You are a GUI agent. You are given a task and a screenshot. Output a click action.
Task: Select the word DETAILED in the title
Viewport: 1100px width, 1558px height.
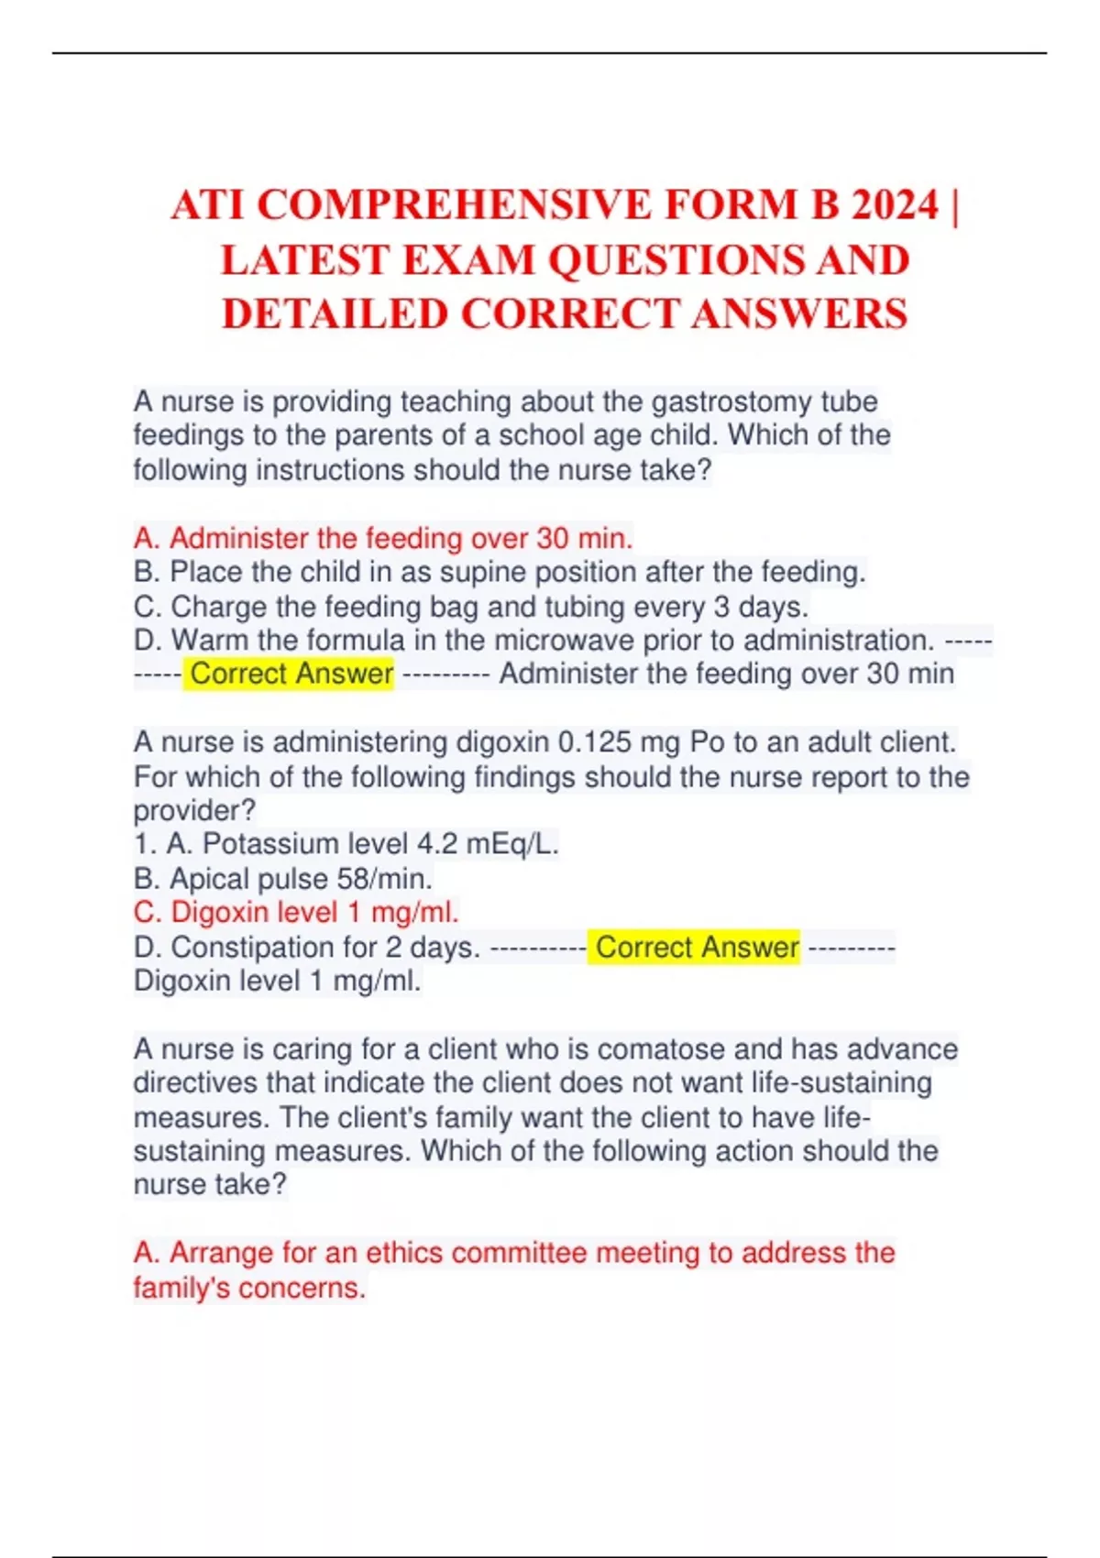coord(335,313)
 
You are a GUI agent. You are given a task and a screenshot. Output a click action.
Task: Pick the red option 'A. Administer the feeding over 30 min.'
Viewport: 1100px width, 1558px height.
coord(383,538)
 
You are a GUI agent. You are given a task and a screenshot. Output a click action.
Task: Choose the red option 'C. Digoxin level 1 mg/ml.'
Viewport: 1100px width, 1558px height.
coord(296,913)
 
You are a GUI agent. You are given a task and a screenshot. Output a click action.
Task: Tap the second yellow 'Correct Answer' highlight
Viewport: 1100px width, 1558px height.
coord(697,947)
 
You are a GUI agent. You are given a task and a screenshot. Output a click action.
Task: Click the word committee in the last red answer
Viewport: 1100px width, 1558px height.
coord(518,1253)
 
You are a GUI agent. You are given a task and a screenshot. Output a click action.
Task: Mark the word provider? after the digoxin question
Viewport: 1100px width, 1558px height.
coord(194,810)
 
